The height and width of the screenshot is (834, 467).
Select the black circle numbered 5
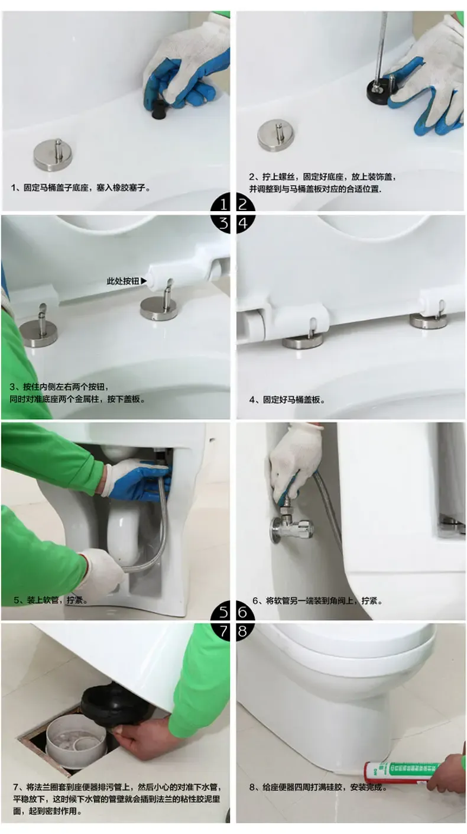[x=223, y=612]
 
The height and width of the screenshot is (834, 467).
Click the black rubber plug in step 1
[x=159, y=110]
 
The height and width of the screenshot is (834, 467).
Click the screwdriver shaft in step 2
[x=381, y=49]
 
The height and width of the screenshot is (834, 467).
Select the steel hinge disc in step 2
[x=276, y=135]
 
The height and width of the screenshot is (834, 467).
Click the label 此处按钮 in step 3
[x=123, y=281]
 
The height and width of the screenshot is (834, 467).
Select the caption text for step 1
[x=81, y=188]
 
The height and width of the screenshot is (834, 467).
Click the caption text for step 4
[x=287, y=400]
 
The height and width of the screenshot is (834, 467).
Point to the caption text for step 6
[x=317, y=600]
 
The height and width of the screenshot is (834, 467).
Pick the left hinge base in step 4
[x=303, y=340]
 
